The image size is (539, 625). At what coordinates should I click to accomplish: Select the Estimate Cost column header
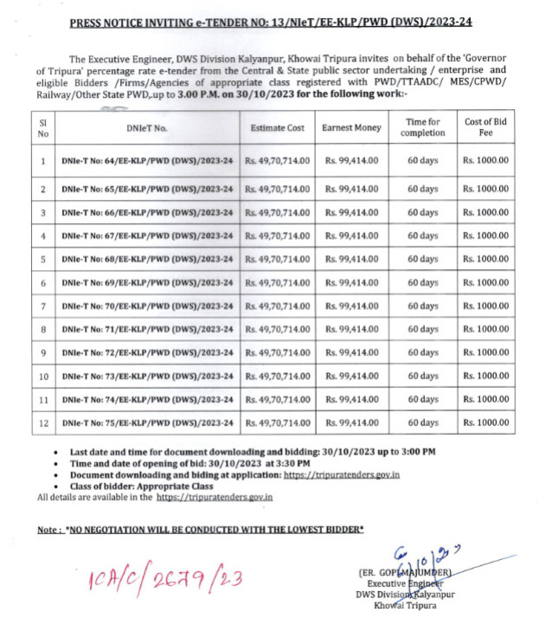(277, 128)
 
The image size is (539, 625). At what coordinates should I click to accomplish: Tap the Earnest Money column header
(351, 128)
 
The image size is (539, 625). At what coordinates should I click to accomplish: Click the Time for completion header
(424, 128)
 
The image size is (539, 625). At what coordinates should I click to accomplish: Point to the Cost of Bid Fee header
(485, 128)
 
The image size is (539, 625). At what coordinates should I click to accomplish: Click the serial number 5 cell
(42, 259)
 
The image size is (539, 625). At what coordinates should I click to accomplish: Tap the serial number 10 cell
(42, 377)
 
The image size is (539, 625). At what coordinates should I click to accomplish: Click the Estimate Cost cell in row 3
(277, 212)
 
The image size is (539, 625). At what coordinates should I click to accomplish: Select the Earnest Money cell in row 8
(351, 330)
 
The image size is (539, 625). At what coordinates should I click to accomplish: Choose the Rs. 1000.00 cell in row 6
(485, 283)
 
